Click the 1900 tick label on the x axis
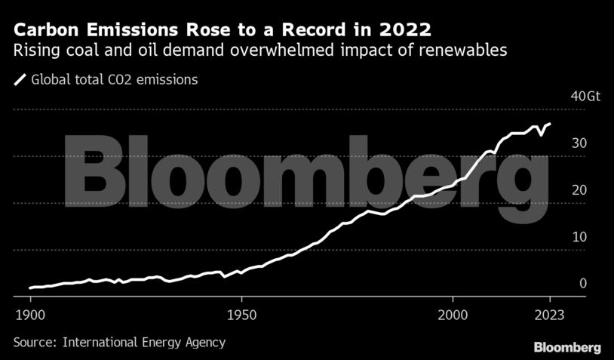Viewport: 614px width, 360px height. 30,313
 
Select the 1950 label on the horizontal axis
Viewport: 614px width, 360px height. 241,313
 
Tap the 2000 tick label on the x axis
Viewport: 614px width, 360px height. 453,313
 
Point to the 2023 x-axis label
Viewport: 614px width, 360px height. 550,313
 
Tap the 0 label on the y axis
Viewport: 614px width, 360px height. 582,284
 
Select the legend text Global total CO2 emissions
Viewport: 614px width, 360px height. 114,78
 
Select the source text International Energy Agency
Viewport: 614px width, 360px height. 144,342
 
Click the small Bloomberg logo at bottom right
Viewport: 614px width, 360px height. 567,347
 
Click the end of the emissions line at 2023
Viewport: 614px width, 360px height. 550,124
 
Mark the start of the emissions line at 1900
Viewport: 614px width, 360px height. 30,288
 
